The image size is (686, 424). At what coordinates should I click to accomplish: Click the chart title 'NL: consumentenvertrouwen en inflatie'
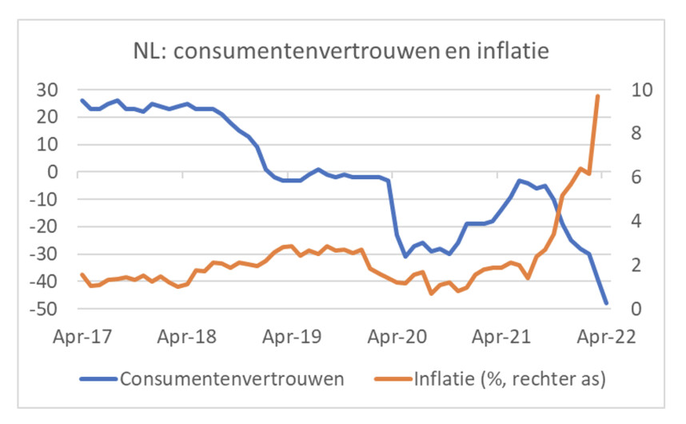[x=343, y=52]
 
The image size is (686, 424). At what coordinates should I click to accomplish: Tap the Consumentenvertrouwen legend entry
[x=232, y=378]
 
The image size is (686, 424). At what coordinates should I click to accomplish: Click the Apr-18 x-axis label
[x=185, y=335]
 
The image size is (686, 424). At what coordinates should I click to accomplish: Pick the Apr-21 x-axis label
[x=501, y=335]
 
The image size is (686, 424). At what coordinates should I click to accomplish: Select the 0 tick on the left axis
[x=54, y=172]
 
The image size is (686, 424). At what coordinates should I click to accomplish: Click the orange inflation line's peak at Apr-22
[x=597, y=95]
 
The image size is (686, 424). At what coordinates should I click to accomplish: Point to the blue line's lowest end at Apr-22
[x=606, y=303]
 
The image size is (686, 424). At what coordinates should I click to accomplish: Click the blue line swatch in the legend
[x=98, y=378]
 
